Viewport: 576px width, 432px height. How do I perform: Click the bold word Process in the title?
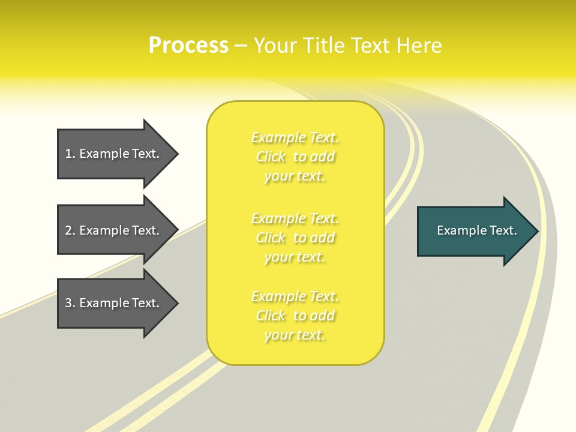188,46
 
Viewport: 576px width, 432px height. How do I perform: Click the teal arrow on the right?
474,231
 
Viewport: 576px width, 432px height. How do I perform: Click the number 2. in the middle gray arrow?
70,230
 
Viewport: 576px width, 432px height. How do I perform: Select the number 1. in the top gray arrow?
70,154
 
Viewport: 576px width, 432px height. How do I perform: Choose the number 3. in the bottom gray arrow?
70,303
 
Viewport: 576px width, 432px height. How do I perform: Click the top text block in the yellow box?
295,157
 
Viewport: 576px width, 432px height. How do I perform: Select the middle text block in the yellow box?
295,238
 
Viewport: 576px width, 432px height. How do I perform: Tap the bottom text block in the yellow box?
295,316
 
